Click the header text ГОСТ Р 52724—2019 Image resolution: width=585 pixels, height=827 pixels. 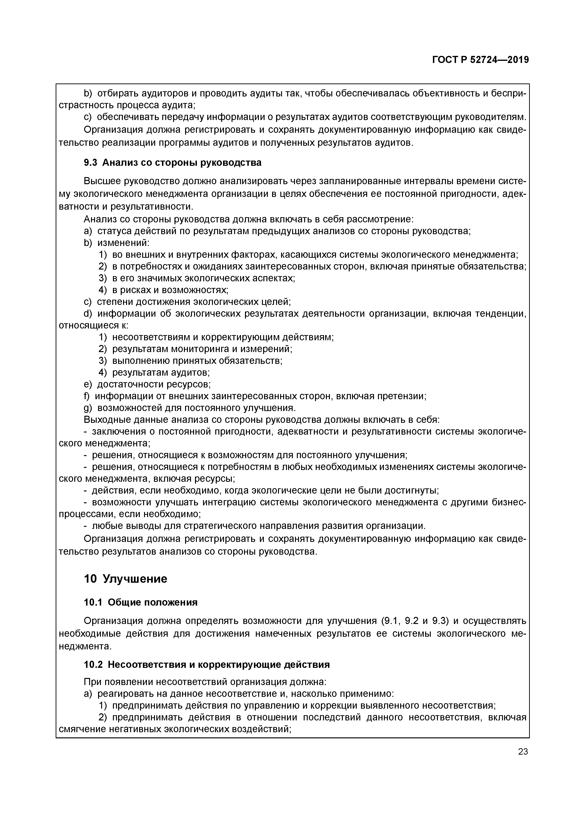pyautogui.click(x=481, y=60)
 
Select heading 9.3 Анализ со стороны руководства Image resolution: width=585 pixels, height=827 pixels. pyautogui.click(x=173, y=163)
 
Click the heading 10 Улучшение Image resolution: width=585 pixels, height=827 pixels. pyautogui.click(x=126, y=579)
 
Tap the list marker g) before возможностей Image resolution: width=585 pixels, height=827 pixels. pyautogui.click(x=88, y=408)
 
